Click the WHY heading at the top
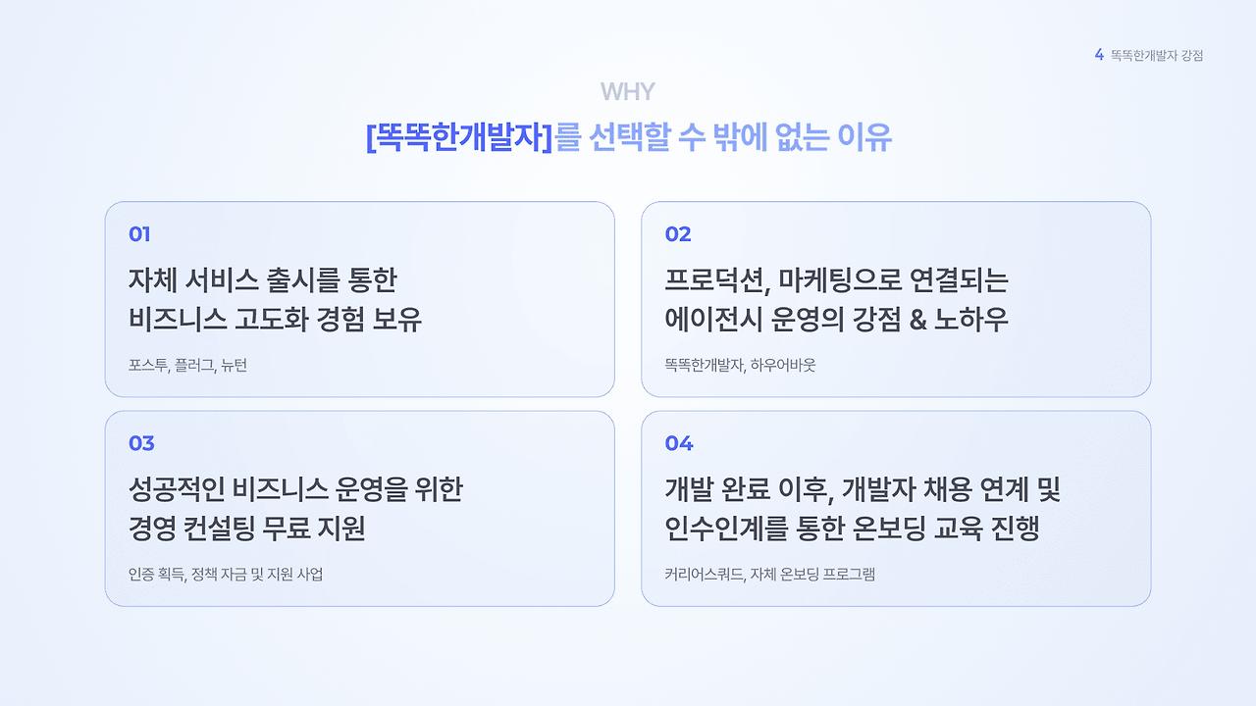(x=627, y=92)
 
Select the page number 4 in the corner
(x=1099, y=55)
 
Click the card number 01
(x=139, y=234)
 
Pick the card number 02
(x=678, y=234)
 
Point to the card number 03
(x=141, y=443)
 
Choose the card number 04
(x=679, y=443)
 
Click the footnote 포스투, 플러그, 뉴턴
(x=187, y=366)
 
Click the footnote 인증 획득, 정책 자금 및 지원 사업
(x=226, y=575)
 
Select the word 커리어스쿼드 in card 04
(x=703, y=575)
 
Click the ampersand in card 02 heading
(x=918, y=320)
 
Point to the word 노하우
(x=976, y=320)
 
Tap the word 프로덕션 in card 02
(x=708, y=281)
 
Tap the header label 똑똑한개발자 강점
(x=1157, y=56)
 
